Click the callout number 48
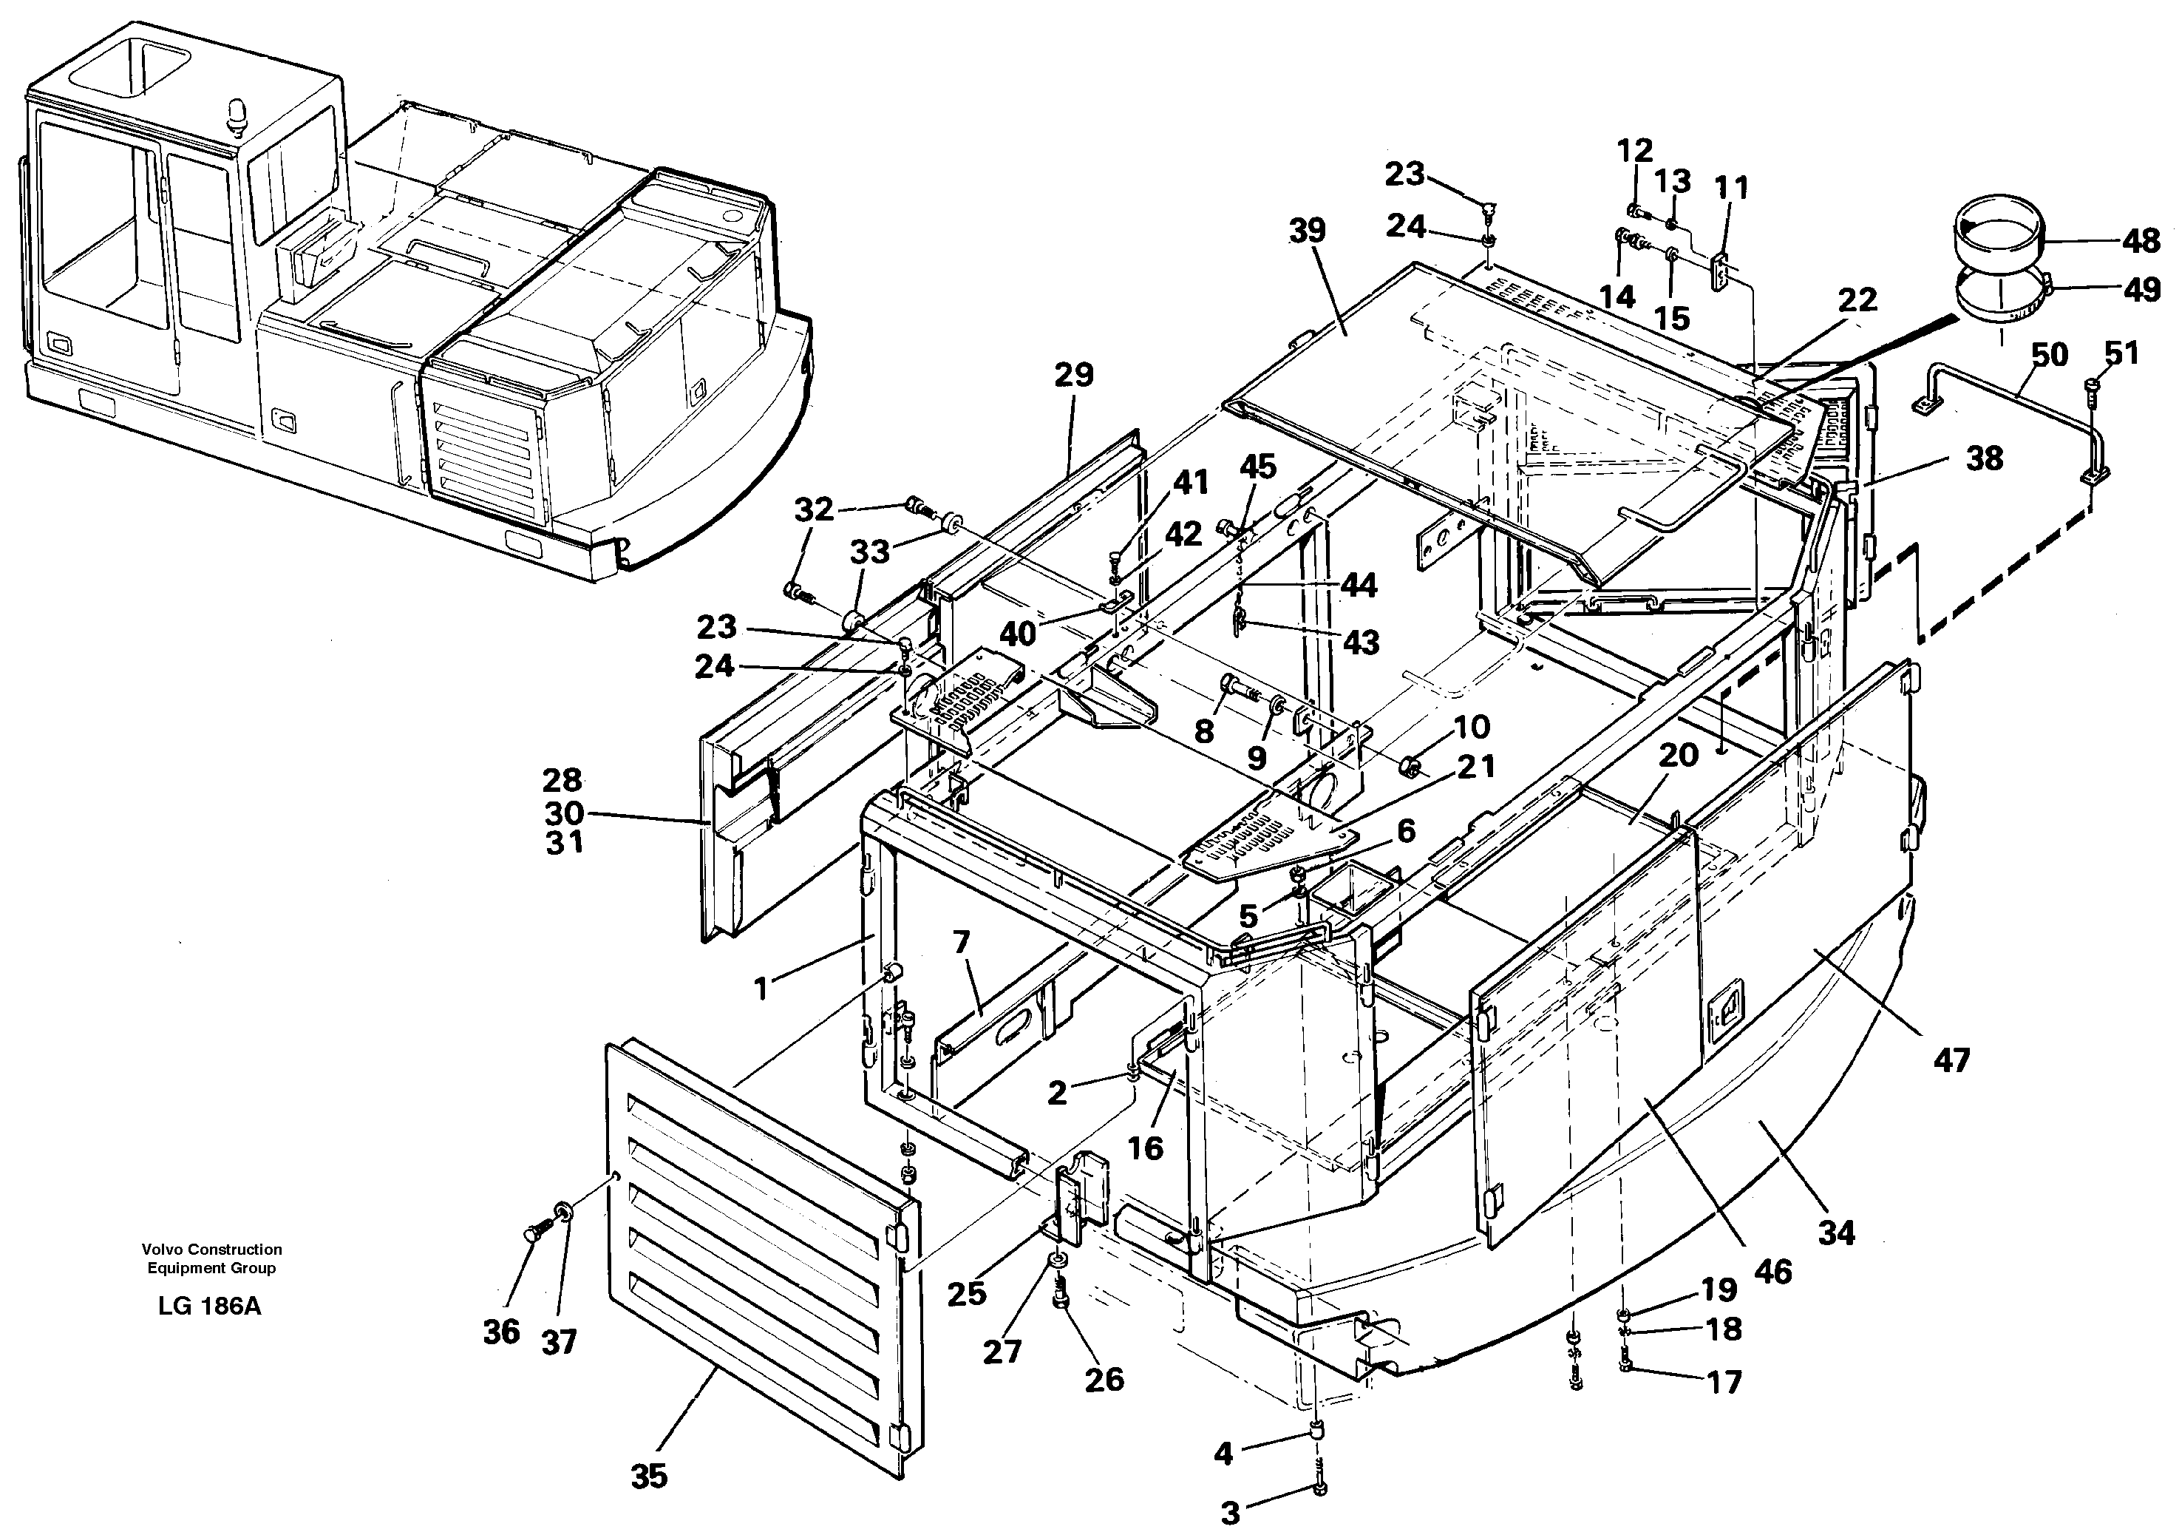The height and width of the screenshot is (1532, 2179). [2141, 241]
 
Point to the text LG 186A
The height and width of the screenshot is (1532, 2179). [210, 1306]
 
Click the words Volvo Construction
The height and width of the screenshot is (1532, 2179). [211, 1249]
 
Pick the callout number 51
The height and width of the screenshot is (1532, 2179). [2122, 353]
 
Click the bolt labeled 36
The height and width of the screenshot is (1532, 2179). [531, 1234]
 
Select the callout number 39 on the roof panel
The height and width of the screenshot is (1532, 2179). [1308, 231]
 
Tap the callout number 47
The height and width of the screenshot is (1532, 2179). [1951, 1060]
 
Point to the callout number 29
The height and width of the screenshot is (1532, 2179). [1073, 375]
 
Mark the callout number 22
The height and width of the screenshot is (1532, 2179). [1857, 300]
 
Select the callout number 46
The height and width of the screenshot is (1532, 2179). [1771, 1271]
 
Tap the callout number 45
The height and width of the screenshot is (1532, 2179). [1259, 467]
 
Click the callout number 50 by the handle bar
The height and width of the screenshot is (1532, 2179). [2050, 355]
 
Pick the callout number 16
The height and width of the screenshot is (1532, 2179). [1146, 1148]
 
